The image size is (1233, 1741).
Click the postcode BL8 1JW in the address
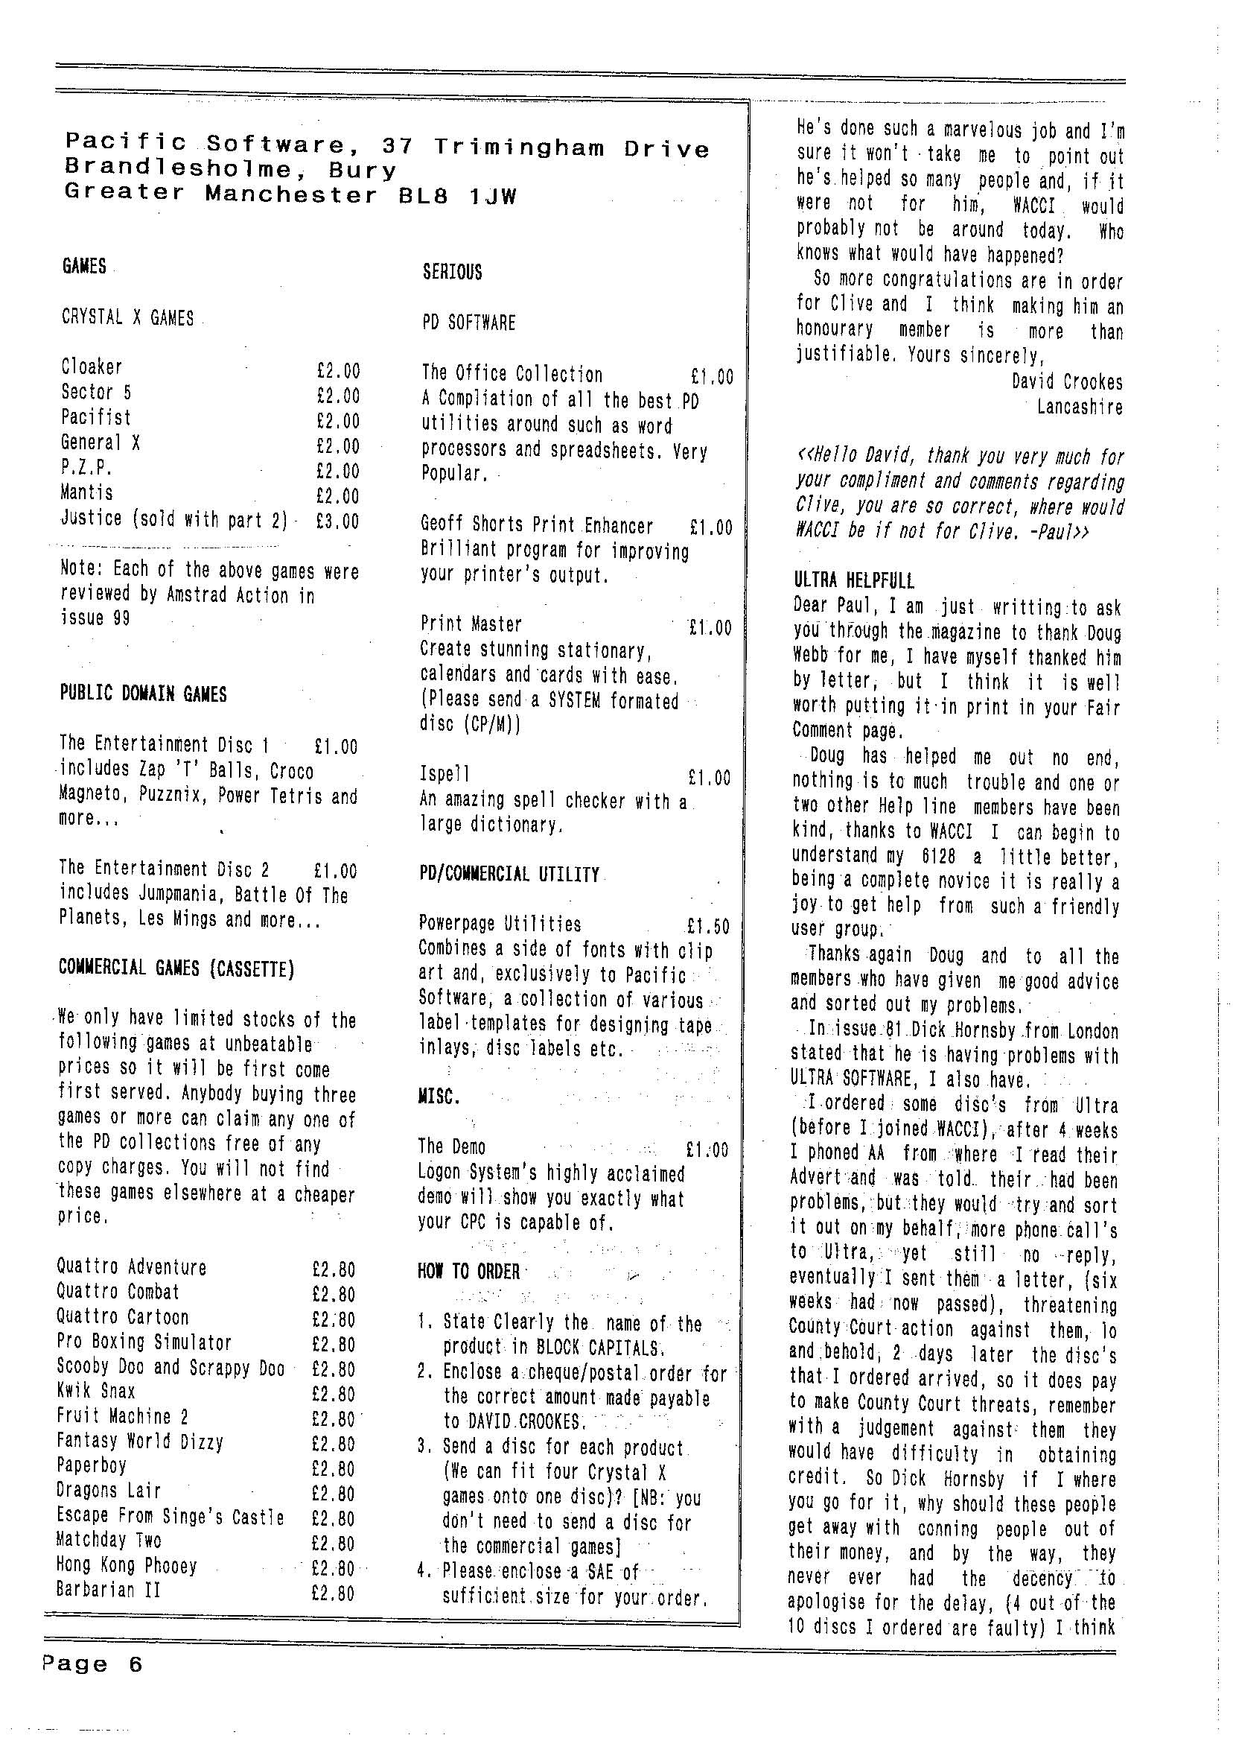[458, 197]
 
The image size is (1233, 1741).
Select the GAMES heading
[83, 267]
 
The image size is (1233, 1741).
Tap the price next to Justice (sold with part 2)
[338, 521]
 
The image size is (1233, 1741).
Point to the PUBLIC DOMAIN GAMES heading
[143, 694]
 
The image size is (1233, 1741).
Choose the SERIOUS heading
[452, 273]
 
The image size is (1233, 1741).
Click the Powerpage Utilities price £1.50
[707, 927]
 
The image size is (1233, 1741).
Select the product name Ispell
[445, 774]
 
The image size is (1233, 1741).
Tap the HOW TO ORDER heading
[468, 1272]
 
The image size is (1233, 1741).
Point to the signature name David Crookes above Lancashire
[1066, 382]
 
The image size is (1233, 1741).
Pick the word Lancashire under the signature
[1079, 407]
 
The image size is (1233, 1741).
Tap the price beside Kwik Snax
[334, 1392]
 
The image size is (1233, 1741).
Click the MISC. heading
[439, 1097]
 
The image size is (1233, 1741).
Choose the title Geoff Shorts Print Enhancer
[537, 526]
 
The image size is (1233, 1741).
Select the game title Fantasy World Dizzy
[140, 1441]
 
